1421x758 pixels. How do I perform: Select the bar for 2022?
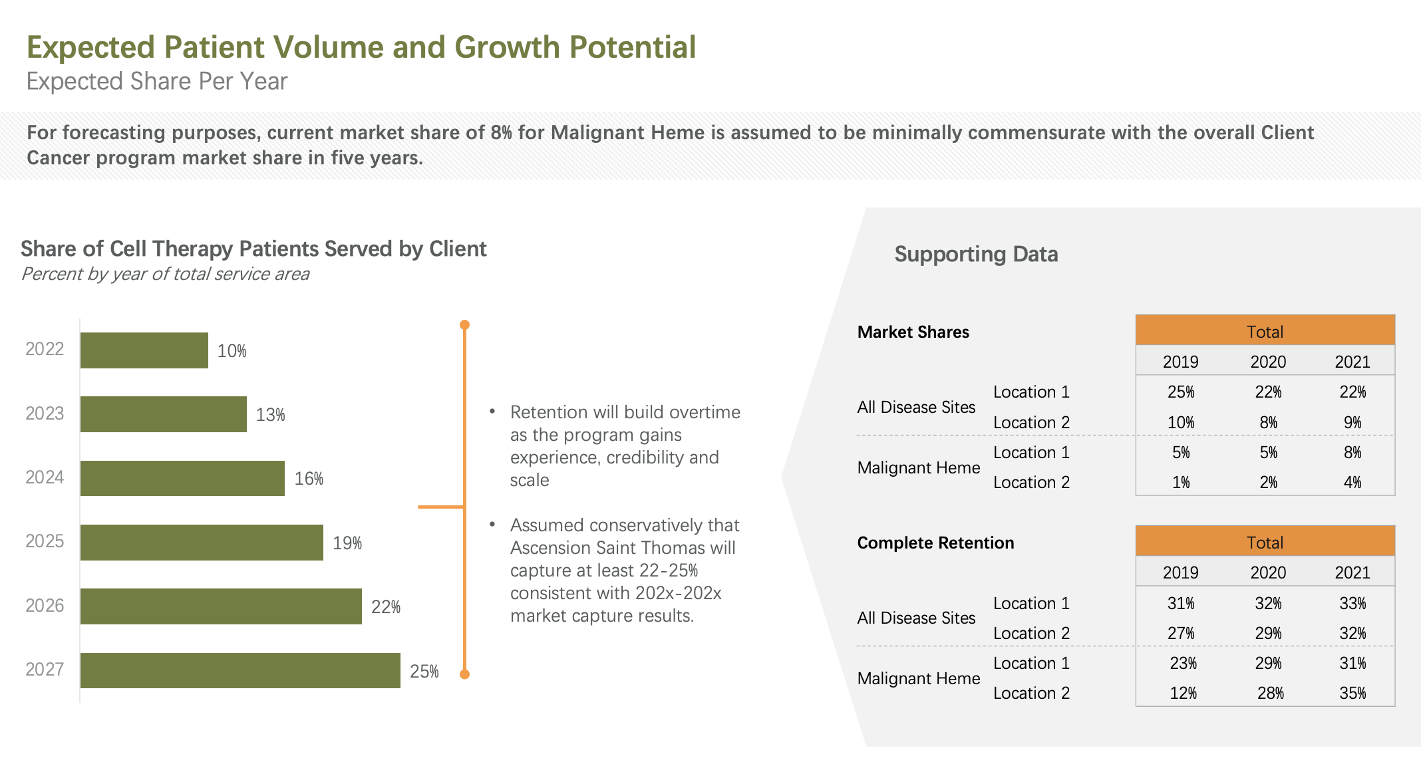pos(144,350)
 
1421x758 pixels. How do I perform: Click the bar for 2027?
pos(240,670)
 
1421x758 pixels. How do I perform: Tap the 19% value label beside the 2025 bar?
pos(347,543)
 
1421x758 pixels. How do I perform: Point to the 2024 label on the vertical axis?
pos(45,477)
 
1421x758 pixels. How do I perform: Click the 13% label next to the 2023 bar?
pos(270,415)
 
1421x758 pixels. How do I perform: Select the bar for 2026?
pos(221,606)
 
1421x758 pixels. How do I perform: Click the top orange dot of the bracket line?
pos(465,325)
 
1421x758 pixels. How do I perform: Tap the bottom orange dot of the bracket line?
pos(465,674)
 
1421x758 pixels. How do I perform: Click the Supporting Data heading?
pos(976,254)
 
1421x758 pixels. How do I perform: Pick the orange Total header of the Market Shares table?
pos(1265,331)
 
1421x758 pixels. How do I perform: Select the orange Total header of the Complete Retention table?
pos(1265,542)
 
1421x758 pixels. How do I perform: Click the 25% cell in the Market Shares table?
pos(1181,392)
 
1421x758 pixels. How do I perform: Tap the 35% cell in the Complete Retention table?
pos(1352,694)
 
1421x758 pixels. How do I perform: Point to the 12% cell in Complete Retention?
pos(1183,694)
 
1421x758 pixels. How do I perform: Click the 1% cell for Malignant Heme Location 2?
pos(1181,483)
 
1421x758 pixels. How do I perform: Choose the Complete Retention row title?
pos(935,543)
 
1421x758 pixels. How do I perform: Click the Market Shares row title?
pos(913,332)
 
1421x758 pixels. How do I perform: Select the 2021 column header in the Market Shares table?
pos(1352,362)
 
